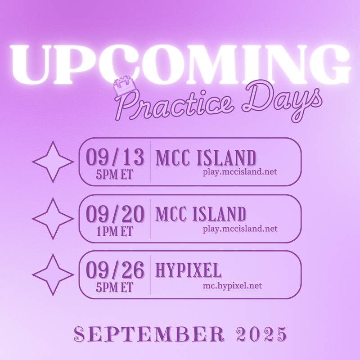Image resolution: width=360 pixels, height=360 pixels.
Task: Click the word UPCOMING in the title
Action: [x=180, y=64]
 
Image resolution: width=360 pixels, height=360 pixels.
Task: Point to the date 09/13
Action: [x=115, y=157]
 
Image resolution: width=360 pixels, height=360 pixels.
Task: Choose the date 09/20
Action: [x=115, y=214]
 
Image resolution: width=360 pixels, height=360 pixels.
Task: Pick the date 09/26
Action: [x=115, y=270]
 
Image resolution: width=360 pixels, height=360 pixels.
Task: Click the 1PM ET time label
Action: [x=115, y=231]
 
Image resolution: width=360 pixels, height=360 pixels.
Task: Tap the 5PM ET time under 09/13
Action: [x=115, y=175]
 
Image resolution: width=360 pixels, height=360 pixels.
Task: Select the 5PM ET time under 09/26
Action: [x=115, y=288]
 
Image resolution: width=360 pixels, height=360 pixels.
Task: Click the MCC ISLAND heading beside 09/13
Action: [x=206, y=158]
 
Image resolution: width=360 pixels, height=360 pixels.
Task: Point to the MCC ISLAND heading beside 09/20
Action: [x=201, y=214]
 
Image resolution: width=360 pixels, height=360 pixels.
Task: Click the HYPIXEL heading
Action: [x=189, y=270]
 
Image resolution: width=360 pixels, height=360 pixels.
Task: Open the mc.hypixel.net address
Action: [x=232, y=286]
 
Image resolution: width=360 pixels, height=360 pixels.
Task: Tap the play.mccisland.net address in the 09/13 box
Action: [x=240, y=172]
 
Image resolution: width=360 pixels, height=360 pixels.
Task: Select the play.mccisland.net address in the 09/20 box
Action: [x=240, y=229]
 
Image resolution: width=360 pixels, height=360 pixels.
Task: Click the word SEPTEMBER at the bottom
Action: [x=149, y=334]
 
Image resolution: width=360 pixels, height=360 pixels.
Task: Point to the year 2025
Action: [x=262, y=334]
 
